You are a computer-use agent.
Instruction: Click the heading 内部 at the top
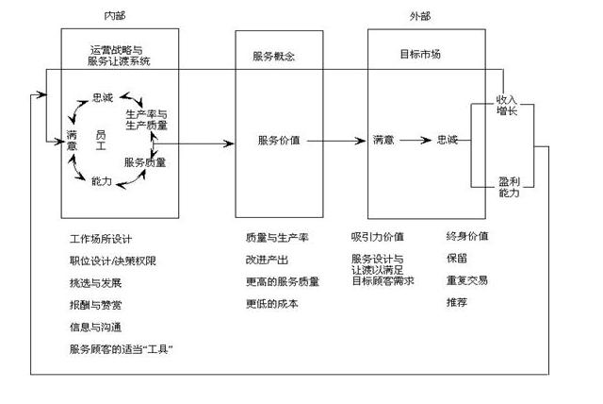(113, 16)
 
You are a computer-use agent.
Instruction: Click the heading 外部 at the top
(420, 16)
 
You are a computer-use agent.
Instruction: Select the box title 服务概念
(274, 56)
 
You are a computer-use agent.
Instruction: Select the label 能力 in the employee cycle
(102, 179)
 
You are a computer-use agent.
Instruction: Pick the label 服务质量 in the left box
(145, 162)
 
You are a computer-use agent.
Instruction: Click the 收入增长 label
(508, 105)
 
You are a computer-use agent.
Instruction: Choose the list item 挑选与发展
(95, 282)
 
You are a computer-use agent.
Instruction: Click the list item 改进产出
(266, 260)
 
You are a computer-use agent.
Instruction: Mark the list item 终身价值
(466, 236)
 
